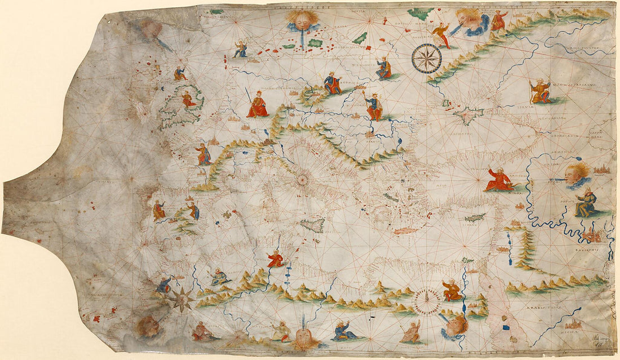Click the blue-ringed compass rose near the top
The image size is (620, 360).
426,59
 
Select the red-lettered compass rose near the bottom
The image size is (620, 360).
427,301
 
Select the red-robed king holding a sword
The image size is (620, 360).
258,104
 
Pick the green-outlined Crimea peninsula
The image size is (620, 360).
467,115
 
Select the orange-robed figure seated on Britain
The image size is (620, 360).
189,100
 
